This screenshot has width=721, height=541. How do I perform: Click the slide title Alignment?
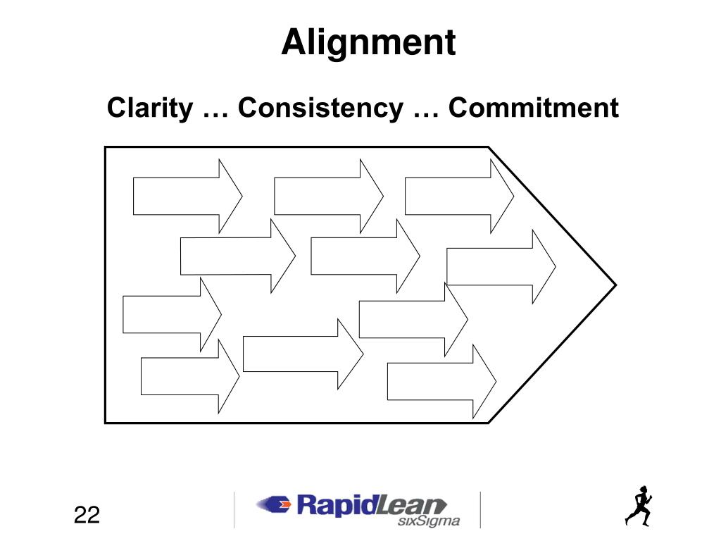(x=368, y=43)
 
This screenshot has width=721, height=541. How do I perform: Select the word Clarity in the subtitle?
(x=150, y=108)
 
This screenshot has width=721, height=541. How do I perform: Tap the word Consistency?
(x=320, y=108)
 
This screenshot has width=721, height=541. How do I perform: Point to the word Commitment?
(x=534, y=108)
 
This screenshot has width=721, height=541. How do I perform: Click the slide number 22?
(x=87, y=515)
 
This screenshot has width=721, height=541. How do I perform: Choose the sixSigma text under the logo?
(x=429, y=522)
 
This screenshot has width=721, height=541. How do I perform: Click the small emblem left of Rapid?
(x=275, y=504)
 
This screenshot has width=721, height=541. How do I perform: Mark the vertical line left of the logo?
(x=234, y=509)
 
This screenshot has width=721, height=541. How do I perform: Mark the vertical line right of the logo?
(x=481, y=509)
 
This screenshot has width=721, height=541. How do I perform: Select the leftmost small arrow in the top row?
(x=187, y=196)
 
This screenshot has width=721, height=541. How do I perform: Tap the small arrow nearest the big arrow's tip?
(x=501, y=266)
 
